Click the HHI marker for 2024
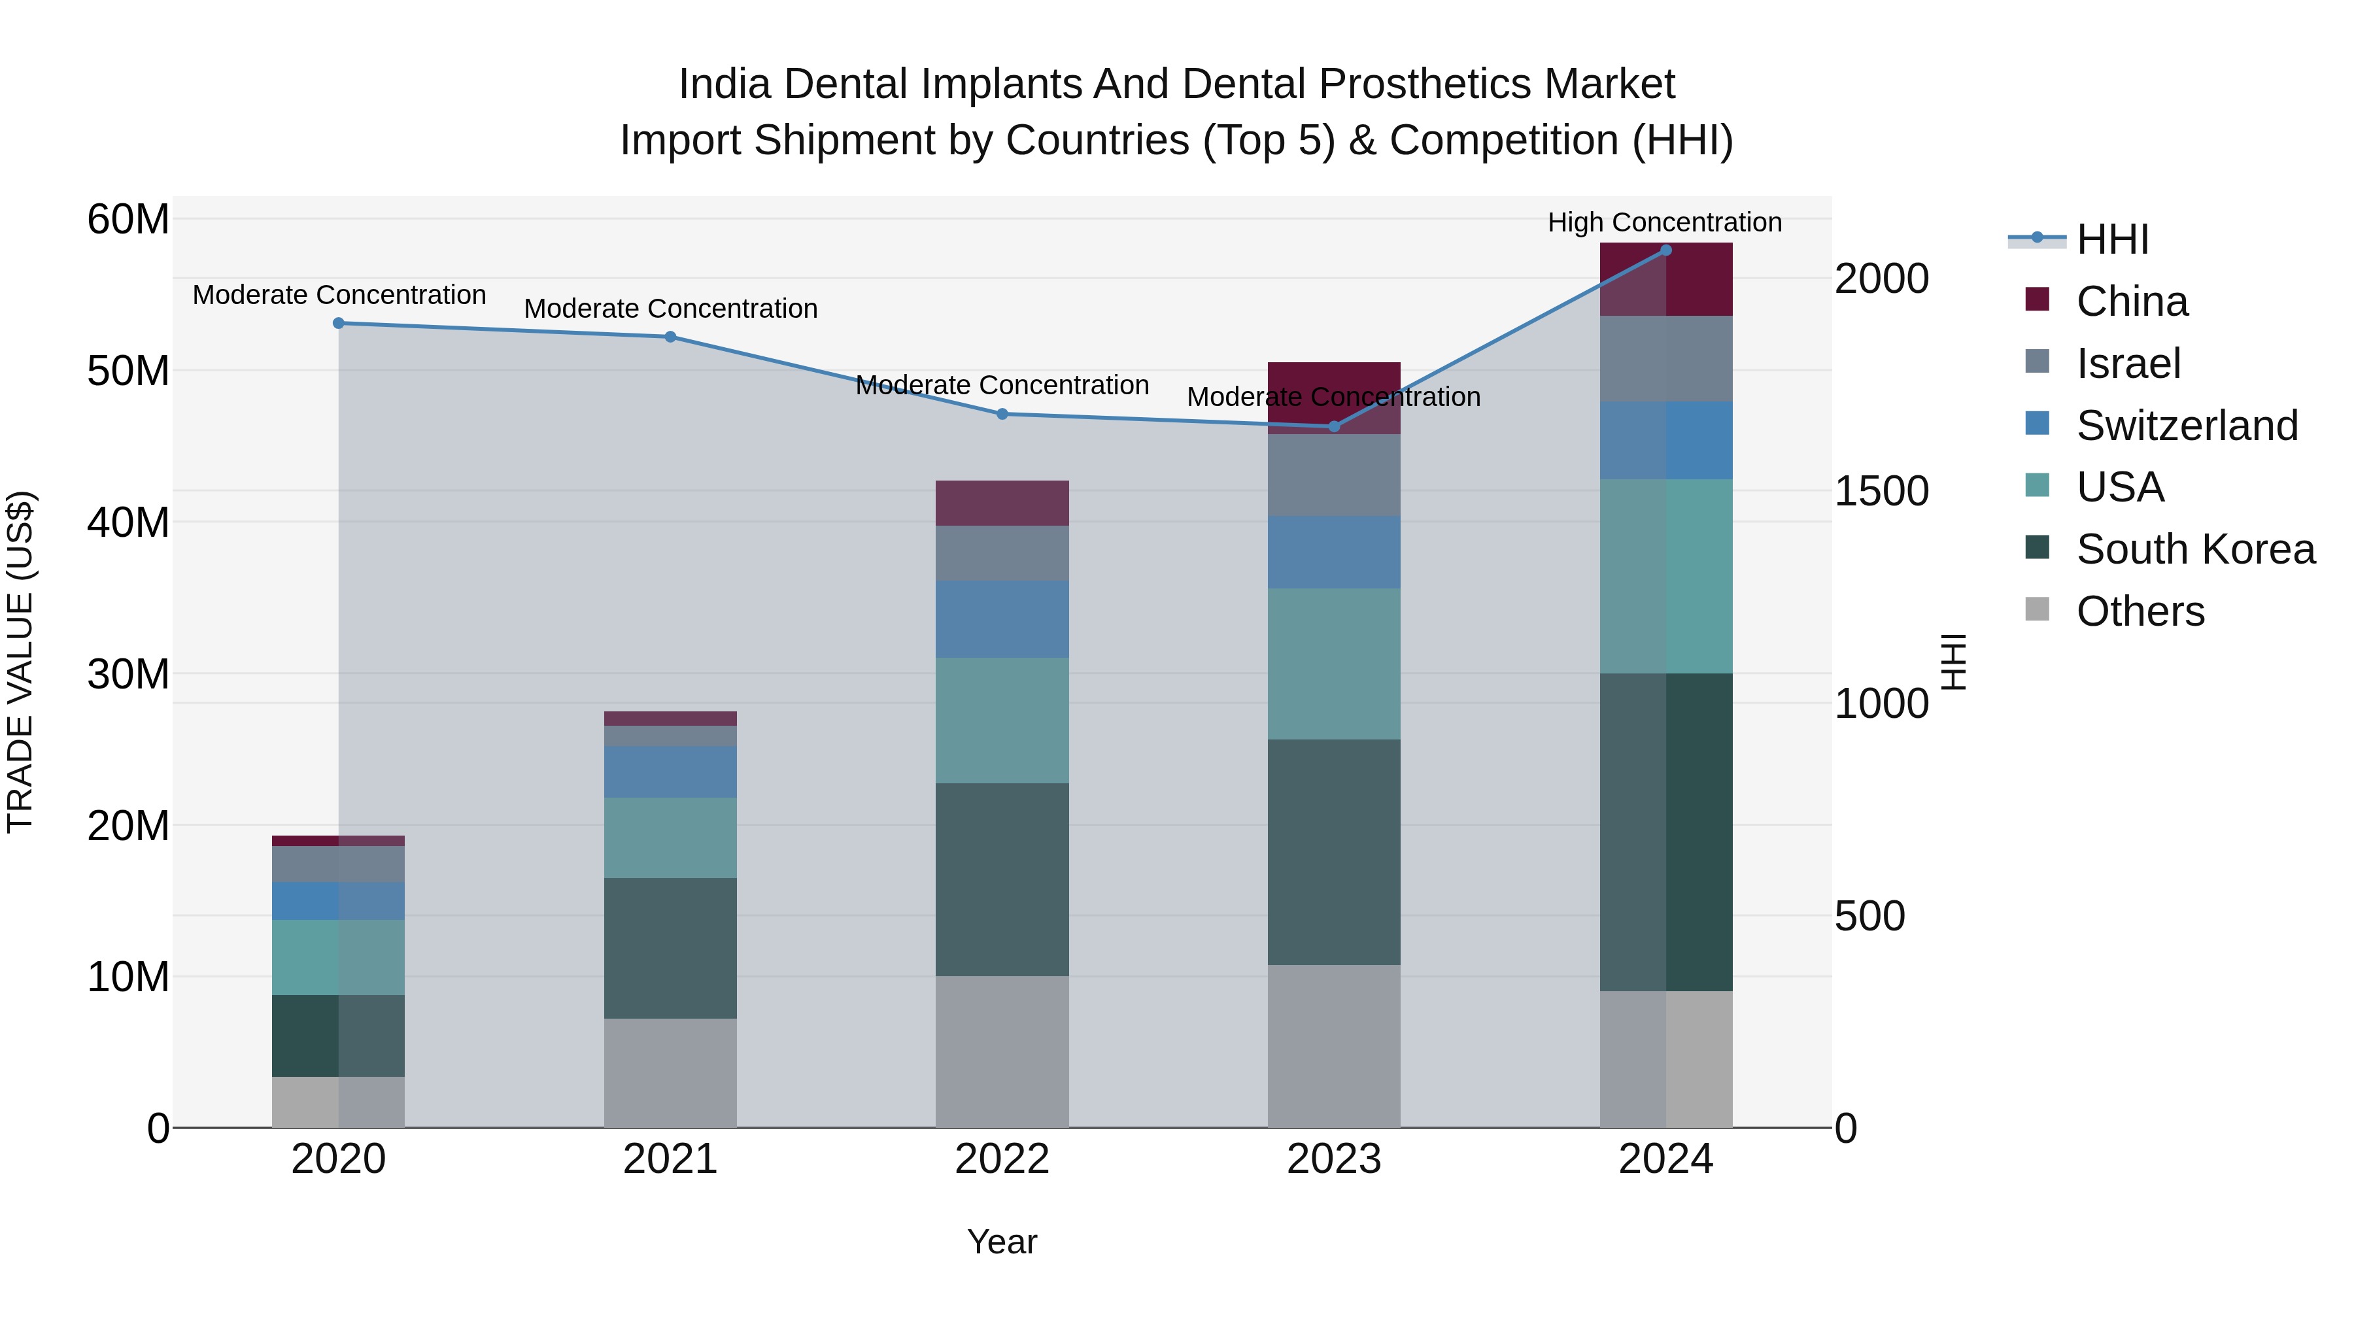[1665, 250]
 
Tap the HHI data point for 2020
[338, 324]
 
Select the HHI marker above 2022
[1002, 414]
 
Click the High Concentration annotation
[1664, 223]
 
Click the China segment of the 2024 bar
[1665, 280]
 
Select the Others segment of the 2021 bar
[670, 1073]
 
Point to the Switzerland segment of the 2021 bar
[670, 772]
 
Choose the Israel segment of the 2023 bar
[1333, 475]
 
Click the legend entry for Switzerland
[2186, 426]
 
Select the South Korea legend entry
[2195, 550]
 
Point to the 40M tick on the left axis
[128, 522]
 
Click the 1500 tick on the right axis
[1881, 492]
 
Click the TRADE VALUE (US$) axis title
[20, 662]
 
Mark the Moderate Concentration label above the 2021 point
[670, 309]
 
